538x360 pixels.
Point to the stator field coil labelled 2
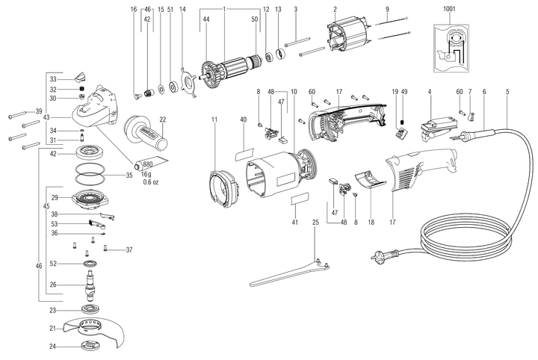(346, 38)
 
